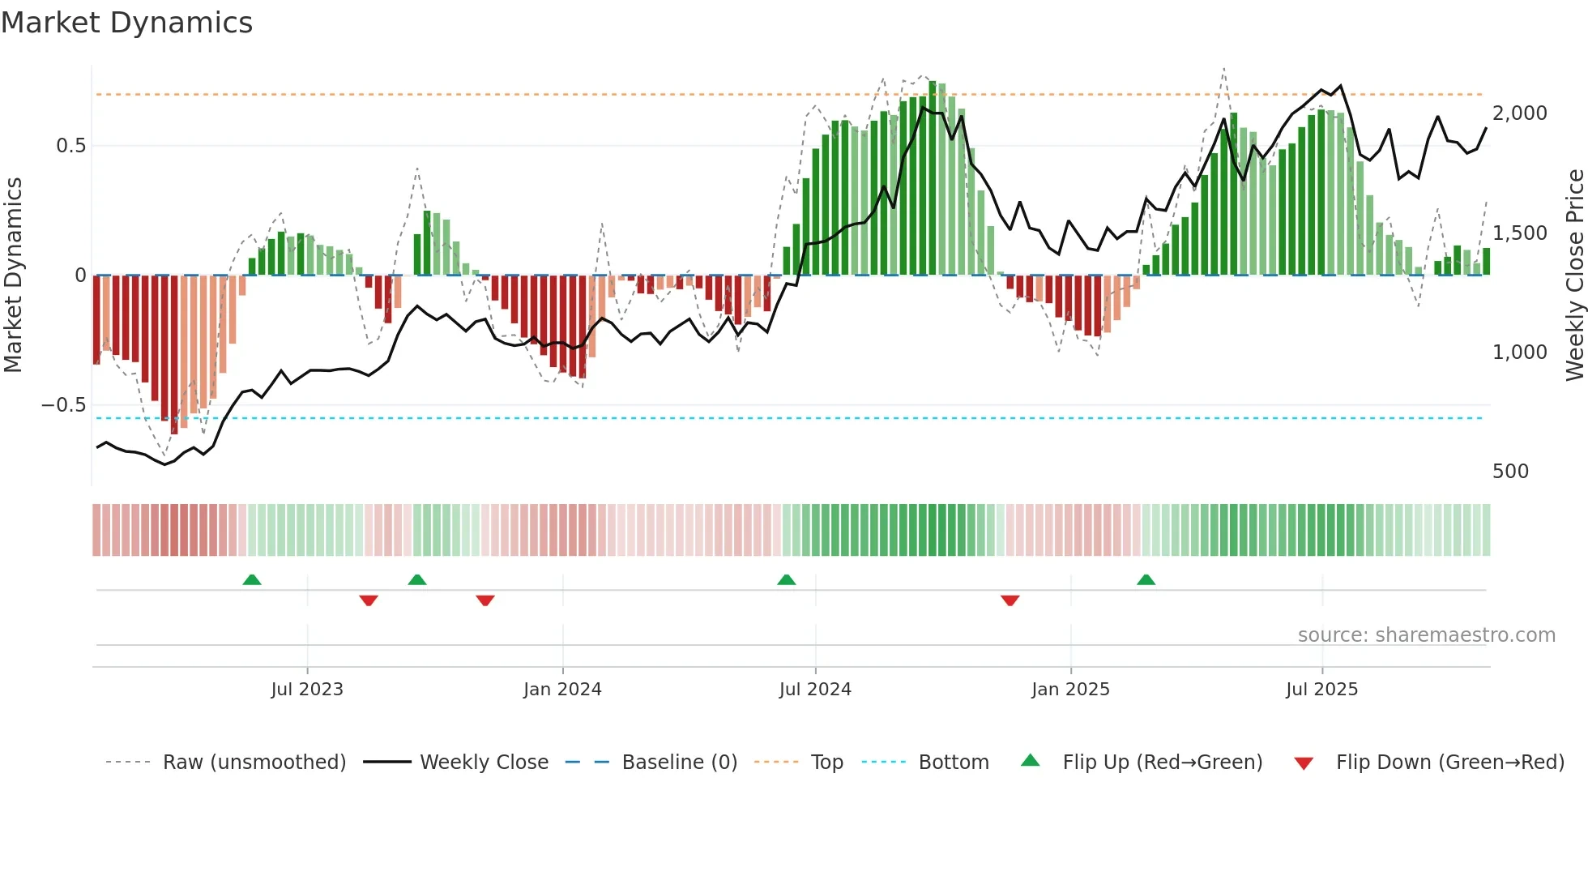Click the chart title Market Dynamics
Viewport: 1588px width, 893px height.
pyautogui.click(x=126, y=23)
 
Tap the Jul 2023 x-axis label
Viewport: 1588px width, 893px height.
pyautogui.click(x=307, y=690)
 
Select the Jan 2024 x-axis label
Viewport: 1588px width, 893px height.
pyautogui.click(x=562, y=690)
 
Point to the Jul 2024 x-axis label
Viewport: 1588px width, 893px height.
pyautogui.click(x=815, y=690)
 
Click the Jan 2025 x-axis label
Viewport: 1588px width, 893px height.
pyautogui.click(x=1070, y=690)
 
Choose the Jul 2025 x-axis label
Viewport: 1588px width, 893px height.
pyautogui.click(x=1321, y=690)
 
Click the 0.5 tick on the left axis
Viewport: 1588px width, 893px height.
pyautogui.click(x=70, y=146)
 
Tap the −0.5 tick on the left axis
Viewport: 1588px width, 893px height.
pyautogui.click(x=64, y=405)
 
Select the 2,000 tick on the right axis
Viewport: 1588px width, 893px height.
pyautogui.click(x=1519, y=113)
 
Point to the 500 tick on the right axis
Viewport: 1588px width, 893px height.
pyautogui.click(x=1510, y=472)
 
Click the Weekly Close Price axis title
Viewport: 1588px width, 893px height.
pyautogui.click(x=1574, y=275)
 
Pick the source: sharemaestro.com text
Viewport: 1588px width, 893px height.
pyautogui.click(x=1426, y=635)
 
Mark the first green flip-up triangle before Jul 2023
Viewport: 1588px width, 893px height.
pyautogui.click(x=252, y=580)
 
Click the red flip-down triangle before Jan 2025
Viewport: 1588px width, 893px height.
pyautogui.click(x=1010, y=600)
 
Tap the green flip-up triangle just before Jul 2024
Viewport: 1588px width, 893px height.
pyautogui.click(x=786, y=580)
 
